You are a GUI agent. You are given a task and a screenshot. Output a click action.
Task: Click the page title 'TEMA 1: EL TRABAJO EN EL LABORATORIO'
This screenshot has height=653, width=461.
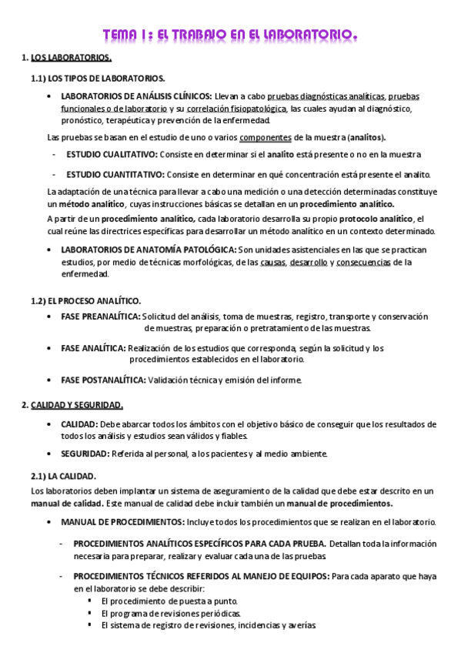230,35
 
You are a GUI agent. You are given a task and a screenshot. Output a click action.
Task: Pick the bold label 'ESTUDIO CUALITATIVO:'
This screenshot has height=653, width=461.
114,154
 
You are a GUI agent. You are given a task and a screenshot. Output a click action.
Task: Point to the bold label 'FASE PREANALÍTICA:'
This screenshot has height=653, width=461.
100,316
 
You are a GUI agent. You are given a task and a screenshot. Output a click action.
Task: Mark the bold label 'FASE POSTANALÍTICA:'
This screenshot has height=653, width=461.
103,379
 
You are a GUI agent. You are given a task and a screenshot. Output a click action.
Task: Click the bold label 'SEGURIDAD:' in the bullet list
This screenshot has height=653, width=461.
85,454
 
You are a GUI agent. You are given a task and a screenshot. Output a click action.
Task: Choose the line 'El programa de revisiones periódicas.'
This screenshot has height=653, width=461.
171,614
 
